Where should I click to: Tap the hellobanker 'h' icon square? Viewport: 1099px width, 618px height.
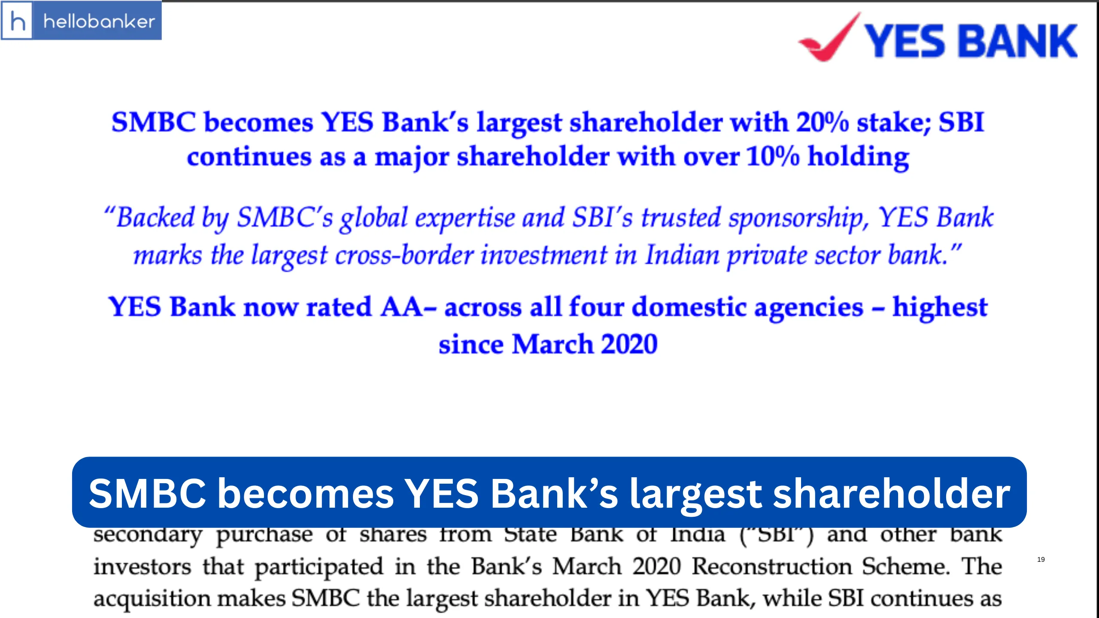click(17, 21)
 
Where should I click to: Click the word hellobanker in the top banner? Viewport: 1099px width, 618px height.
click(99, 21)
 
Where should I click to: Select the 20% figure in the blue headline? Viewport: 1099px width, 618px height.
click(822, 122)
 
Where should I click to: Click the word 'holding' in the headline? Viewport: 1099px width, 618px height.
click(859, 157)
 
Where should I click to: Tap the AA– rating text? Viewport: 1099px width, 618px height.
click(408, 307)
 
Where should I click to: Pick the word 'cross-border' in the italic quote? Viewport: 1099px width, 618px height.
click(404, 255)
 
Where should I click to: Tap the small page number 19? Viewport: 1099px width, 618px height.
click(1041, 560)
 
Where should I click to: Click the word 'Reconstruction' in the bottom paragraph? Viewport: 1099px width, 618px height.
click(772, 566)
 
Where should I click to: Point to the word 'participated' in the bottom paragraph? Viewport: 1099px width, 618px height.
click(319, 566)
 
